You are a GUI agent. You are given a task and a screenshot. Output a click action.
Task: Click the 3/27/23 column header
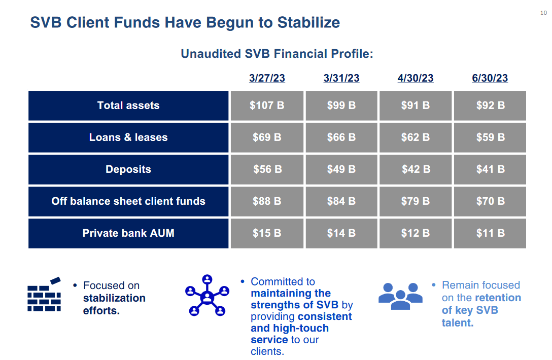click(267, 78)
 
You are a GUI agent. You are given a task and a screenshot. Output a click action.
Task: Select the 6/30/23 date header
click(490, 78)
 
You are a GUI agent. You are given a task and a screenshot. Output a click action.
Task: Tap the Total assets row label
click(128, 105)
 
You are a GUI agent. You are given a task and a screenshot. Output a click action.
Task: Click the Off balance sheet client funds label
click(128, 201)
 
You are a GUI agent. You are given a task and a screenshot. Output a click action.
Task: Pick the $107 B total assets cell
click(267, 105)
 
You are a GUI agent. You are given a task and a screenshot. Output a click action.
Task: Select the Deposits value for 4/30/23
click(416, 169)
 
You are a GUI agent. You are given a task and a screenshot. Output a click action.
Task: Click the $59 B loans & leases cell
click(490, 137)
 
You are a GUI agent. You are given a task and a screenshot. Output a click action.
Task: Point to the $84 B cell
click(341, 201)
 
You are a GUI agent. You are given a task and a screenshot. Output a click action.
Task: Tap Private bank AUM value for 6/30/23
click(490, 233)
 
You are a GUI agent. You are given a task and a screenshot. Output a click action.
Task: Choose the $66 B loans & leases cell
click(341, 137)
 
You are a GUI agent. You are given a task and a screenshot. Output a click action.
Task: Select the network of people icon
click(206, 296)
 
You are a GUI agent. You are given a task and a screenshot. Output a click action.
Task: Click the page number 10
click(544, 13)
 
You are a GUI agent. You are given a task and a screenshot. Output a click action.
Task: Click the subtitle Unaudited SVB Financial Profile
click(277, 54)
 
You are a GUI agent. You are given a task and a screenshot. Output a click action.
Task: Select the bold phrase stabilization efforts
click(114, 304)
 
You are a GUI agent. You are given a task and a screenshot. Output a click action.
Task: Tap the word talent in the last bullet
click(457, 323)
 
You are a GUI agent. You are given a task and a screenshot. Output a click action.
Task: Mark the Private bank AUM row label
click(128, 233)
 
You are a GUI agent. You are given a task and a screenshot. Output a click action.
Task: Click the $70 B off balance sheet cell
click(490, 201)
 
